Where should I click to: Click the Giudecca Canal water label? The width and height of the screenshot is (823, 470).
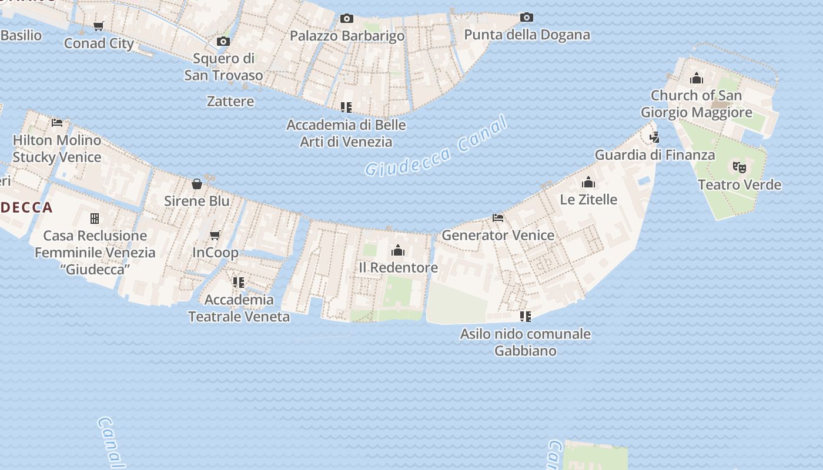click(436, 146)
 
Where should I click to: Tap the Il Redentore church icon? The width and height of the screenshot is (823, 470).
click(398, 251)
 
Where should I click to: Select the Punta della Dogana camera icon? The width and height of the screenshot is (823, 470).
click(527, 18)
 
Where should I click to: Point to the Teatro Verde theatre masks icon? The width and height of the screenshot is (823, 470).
click(740, 167)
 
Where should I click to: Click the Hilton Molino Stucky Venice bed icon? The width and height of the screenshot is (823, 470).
click(57, 123)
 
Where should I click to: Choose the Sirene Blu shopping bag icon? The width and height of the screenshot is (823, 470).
click(197, 184)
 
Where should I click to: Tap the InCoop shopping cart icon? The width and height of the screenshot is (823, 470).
click(215, 236)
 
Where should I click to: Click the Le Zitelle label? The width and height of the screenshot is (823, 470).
click(588, 200)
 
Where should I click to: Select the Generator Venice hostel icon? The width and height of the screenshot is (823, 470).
click(498, 218)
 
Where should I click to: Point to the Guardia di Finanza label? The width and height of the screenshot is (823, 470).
click(655, 155)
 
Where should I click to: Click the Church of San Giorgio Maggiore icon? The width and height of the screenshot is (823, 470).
click(697, 78)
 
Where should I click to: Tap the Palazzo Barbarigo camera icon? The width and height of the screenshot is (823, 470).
click(347, 19)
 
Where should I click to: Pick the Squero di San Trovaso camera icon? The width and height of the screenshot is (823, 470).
click(223, 41)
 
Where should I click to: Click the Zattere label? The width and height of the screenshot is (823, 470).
click(230, 102)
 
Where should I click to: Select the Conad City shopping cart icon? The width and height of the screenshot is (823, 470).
click(99, 26)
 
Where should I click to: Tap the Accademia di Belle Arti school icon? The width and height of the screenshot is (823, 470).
click(346, 108)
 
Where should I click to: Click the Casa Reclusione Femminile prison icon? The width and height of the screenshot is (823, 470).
click(95, 219)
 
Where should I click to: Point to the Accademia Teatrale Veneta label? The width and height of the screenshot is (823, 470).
click(239, 308)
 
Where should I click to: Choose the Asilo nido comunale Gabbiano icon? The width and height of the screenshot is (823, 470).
click(526, 317)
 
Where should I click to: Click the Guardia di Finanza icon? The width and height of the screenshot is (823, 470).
click(654, 137)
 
